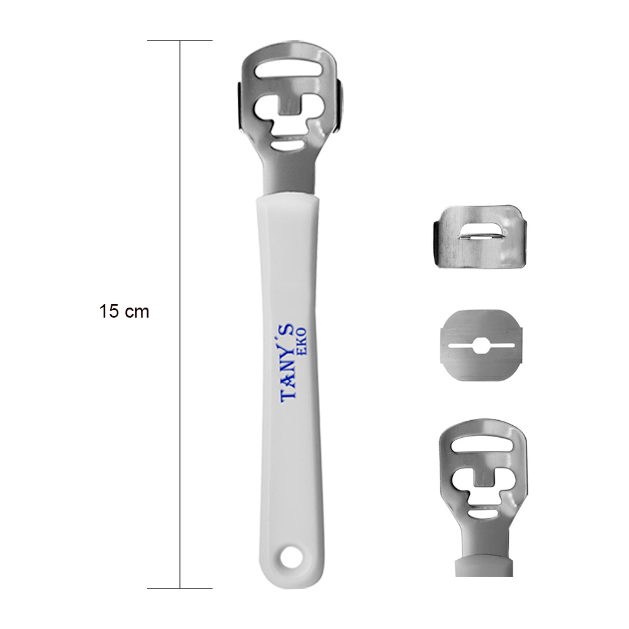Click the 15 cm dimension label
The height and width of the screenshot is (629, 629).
(x=124, y=312)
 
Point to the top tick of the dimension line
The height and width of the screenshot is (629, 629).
(x=180, y=40)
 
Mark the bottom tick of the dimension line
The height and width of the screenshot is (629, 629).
(x=180, y=588)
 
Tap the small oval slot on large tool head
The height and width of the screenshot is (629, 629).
(x=287, y=145)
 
